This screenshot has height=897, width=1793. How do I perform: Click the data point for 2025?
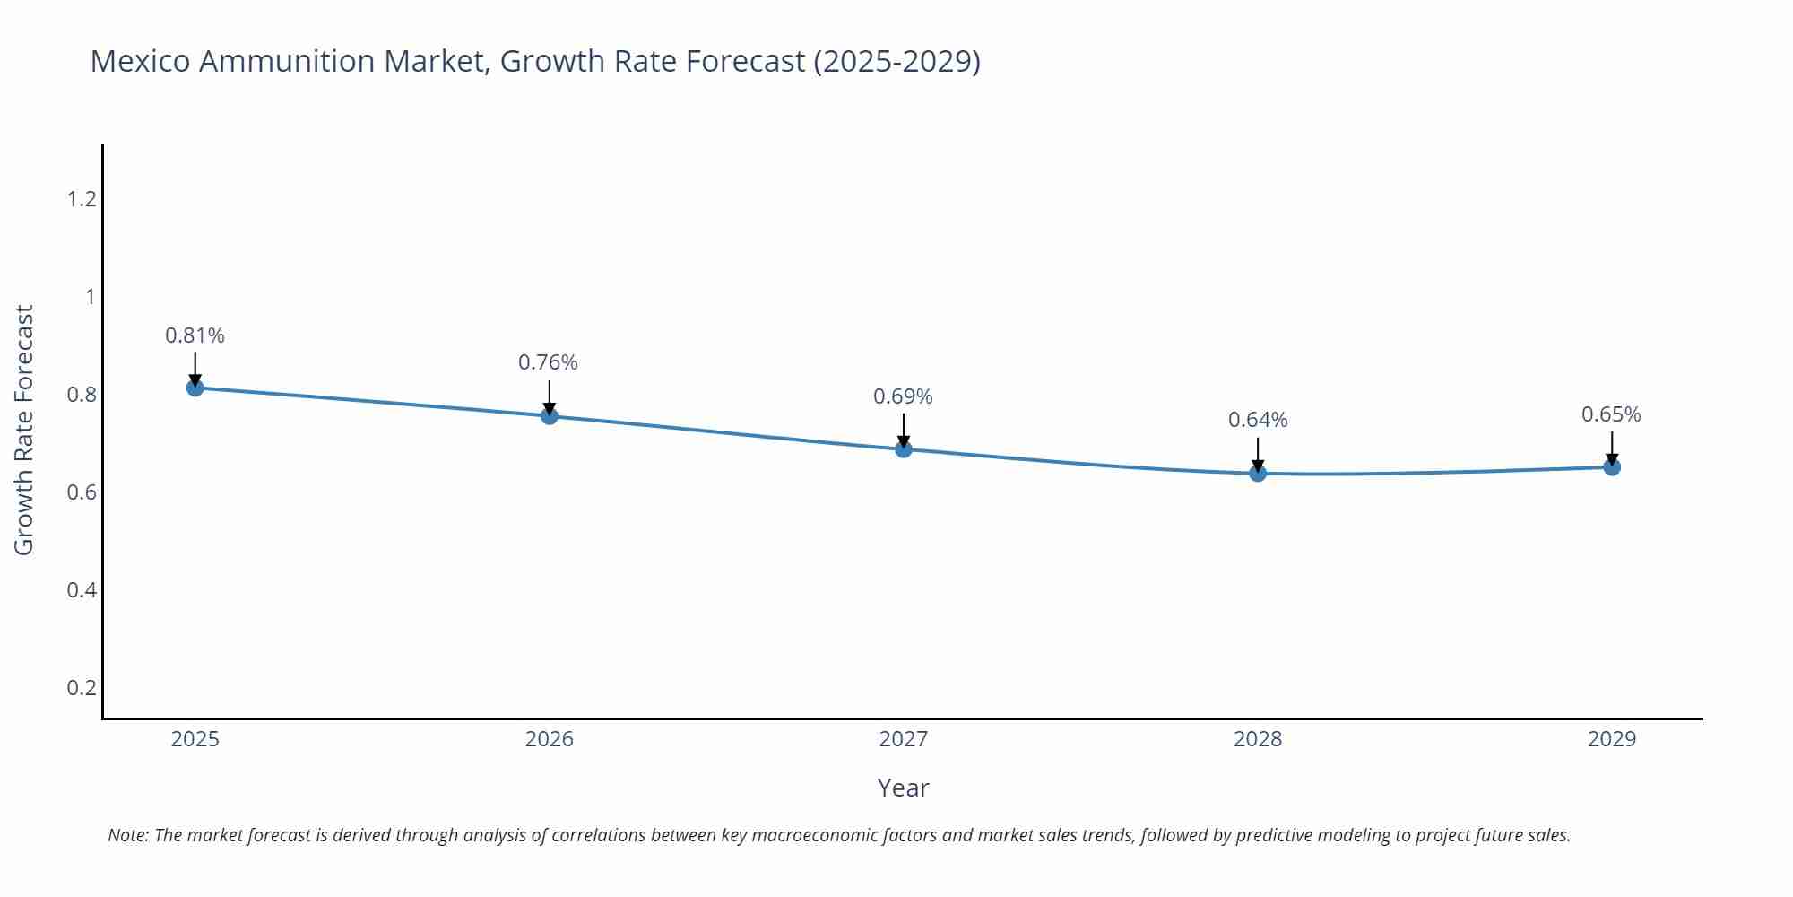click(195, 388)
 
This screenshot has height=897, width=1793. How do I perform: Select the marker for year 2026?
click(550, 415)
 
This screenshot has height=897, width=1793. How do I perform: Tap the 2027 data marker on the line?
click(904, 448)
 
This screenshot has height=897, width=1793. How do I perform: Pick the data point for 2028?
click(1258, 473)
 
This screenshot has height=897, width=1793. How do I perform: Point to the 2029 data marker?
click(1612, 466)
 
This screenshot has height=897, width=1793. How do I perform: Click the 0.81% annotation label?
click(195, 335)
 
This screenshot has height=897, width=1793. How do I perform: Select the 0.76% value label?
click(548, 362)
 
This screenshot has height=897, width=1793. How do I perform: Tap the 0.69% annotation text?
click(903, 396)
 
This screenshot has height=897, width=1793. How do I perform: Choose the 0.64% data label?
click(1258, 420)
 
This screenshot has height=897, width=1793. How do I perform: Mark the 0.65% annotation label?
click(1611, 414)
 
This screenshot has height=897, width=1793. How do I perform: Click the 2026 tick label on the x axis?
click(550, 739)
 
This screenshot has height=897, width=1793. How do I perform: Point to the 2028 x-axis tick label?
click(1258, 739)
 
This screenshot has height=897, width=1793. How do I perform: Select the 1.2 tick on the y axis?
click(82, 199)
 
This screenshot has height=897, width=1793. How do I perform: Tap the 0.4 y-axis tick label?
click(82, 590)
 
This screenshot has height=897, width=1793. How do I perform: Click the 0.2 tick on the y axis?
click(82, 688)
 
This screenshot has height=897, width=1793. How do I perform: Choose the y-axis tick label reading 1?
click(90, 297)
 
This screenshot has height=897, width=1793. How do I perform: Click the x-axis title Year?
click(903, 788)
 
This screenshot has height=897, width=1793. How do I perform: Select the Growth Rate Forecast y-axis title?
click(24, 431)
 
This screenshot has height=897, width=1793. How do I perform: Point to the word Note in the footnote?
click(127, 835)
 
